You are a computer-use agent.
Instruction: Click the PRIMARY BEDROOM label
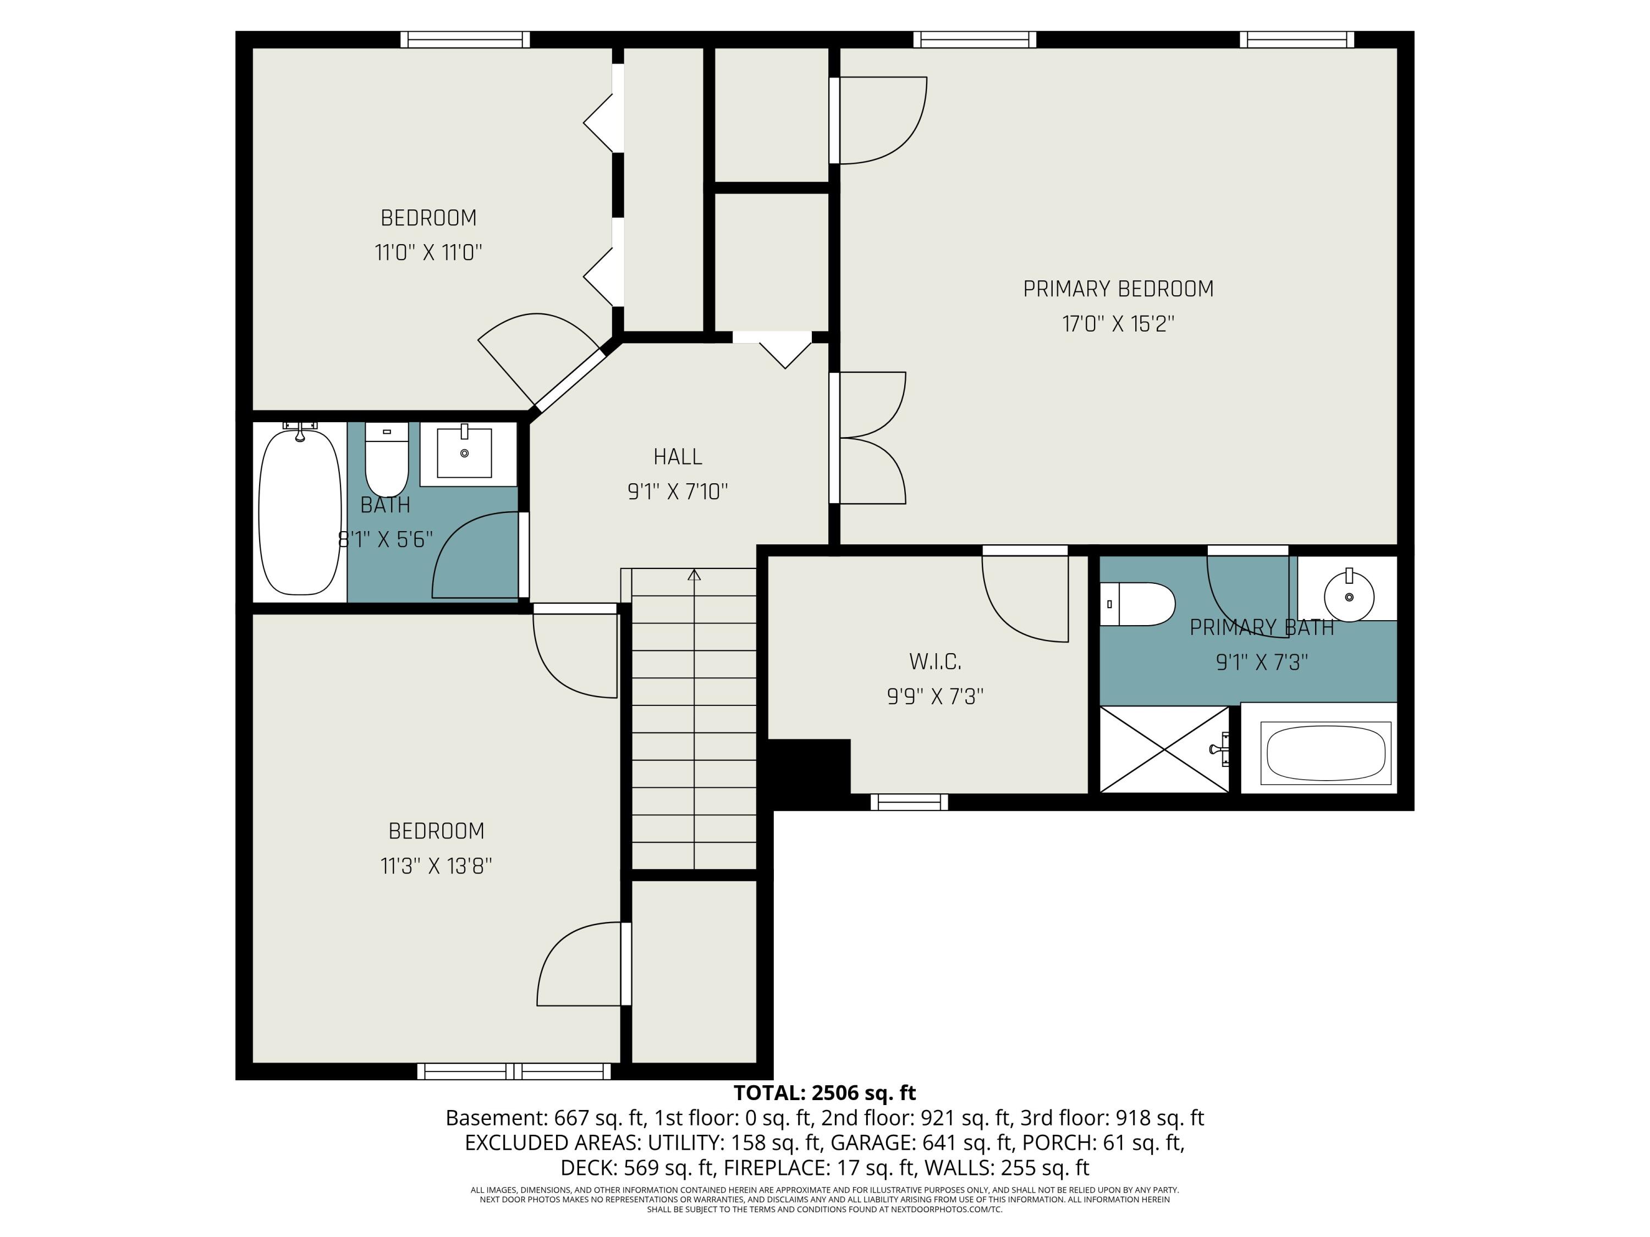tap(1118, 289)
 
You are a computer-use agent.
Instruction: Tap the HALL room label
tap(677, 456)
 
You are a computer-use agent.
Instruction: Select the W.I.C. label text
tap(934, 661)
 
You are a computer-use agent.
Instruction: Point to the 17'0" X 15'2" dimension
tap(1118, 324)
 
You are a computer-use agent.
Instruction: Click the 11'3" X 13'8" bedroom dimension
tap(436, 866)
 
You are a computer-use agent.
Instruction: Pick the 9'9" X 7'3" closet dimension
tap(934, 697)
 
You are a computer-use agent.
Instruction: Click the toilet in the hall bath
tap(387, 458)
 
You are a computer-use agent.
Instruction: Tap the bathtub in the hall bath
tap(300, 511)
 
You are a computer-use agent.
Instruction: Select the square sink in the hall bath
tap(464, 452)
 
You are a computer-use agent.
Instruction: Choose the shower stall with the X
tap(1164, 749)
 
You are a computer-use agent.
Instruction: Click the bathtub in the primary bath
tap(1325, 753)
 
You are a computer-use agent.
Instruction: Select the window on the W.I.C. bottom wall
tap(909, 802)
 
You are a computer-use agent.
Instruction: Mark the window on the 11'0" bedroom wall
tap(465, 40)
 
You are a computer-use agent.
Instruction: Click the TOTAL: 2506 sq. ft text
tap(824, 1093)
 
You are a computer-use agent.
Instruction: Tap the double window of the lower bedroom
tap(514, 1072)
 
